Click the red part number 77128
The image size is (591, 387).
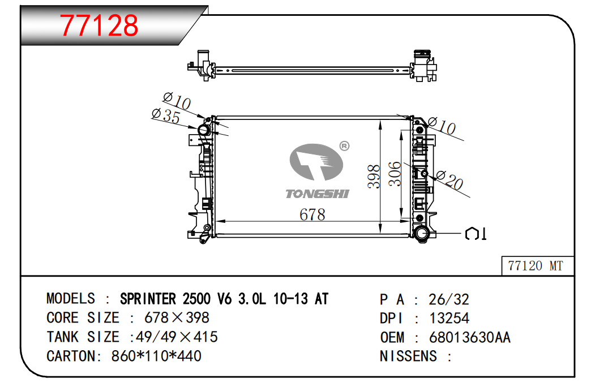click(x=99, y=25)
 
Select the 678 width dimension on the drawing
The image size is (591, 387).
click(x=312, y=215)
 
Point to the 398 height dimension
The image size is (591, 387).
click(x=374, y=176)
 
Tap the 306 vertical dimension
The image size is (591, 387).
click(x=395, y=173)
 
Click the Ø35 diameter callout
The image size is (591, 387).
click(x=166, y=115)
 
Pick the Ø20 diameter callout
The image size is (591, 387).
click(x=449, y=180)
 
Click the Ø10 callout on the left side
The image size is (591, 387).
click(x=177, y=101)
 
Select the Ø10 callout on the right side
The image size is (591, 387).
click(x=442, y=126)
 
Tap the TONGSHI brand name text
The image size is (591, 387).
click(x=318, y=193)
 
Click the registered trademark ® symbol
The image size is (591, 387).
click(x=345, y=146)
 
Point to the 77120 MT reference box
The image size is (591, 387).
click(x=537, y=266)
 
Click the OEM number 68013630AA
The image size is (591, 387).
click(x=470, y=337)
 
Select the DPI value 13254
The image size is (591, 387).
click(x=449, y=318)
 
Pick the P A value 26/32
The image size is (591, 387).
click(x=449, y=299)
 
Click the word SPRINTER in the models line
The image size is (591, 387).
click(x=148, y=299)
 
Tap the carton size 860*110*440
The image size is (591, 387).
click(x=156, y=356)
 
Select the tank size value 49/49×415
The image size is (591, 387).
click(x=177, y=337)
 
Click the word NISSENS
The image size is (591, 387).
click(x=408, y=356)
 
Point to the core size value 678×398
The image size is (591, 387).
click(x=177, y=317)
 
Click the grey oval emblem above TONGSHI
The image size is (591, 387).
click(x=316, y=162)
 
